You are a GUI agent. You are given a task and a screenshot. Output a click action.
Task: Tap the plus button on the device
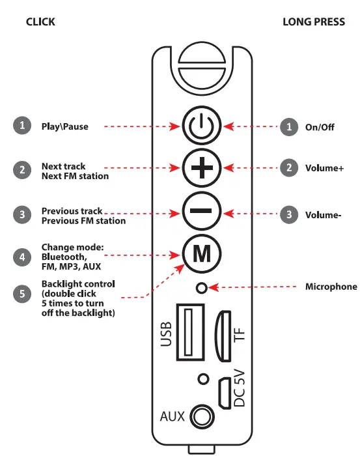(201, 168)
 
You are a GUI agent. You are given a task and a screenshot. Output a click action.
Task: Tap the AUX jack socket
(203, 416)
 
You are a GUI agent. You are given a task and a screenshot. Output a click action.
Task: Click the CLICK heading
(40, 21)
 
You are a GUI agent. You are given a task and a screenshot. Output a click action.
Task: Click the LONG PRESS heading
(314, 21)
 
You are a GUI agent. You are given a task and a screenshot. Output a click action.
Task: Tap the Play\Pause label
(64, 126)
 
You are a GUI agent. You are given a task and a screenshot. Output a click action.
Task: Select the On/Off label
(319, 127)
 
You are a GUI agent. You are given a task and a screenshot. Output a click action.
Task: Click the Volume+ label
(324, 168)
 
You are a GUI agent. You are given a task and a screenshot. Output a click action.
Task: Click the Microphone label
(331, 287)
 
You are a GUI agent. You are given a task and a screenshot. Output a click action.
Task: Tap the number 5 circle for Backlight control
(22, 293)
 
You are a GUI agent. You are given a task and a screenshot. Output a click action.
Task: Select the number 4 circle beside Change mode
(22, 257)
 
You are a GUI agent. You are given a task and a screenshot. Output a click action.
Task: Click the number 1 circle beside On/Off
(288, 126)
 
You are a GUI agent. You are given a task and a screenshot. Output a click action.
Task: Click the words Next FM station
(75, 177)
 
